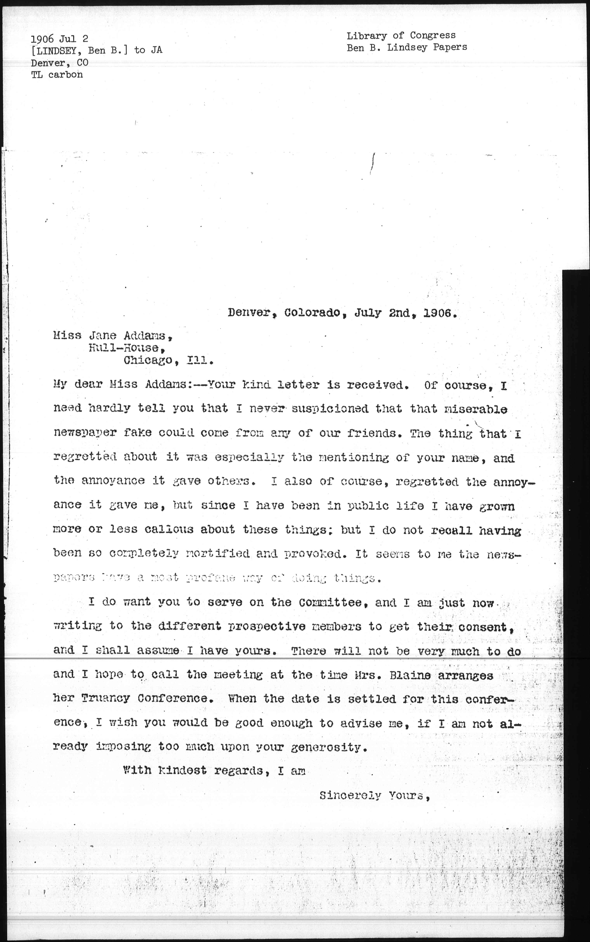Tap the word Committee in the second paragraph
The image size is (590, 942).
click(330, 602)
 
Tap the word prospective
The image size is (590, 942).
click(267, 627)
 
